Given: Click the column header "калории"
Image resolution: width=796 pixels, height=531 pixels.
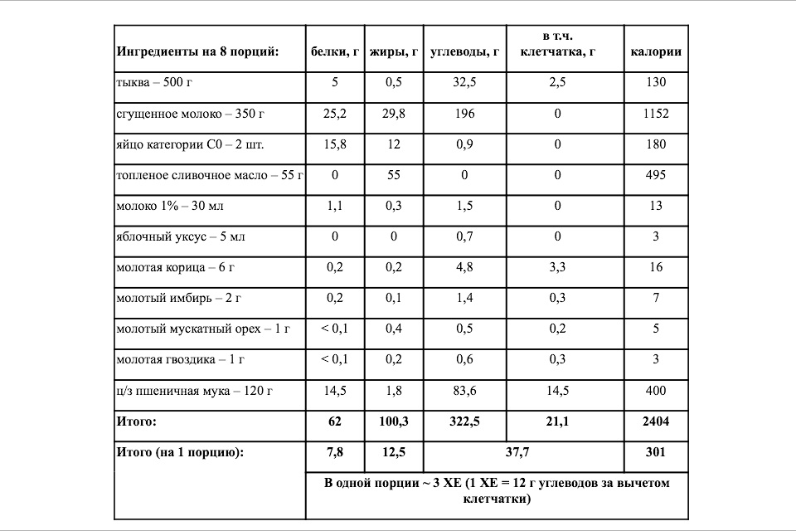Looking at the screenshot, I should (656, 51).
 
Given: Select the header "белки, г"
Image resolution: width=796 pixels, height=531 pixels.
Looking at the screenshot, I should (334, 51).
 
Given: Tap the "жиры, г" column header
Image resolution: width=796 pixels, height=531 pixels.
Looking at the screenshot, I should (393, 51).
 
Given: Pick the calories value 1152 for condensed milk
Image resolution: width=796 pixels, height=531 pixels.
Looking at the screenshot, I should (656, 114).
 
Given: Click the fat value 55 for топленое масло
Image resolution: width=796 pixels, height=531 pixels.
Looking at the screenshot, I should (393, 175).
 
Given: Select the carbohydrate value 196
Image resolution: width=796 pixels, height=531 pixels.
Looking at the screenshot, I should (464, 114).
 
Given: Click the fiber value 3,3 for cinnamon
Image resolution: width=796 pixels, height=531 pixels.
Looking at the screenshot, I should (557, 267).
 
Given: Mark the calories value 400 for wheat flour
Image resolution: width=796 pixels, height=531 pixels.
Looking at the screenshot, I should (656, 390).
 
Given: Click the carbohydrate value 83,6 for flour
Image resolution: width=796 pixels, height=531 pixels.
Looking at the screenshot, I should (464, 390).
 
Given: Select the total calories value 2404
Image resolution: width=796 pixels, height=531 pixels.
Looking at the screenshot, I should (656, 421).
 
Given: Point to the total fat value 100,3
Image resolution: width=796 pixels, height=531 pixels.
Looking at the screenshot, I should (393, 421).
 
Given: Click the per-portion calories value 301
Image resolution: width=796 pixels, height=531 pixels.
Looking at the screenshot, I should (656, 453).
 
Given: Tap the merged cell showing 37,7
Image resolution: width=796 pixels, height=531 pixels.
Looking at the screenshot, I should (522, 453).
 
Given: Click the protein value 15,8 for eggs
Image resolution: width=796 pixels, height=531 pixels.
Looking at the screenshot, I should (334, 144).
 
